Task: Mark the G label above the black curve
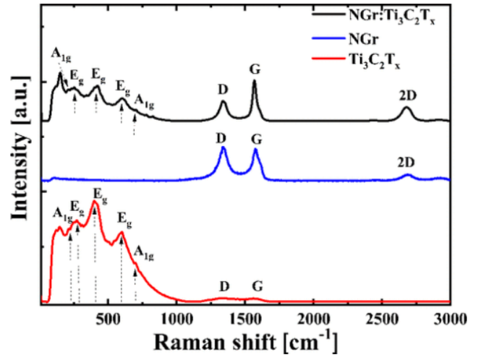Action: point(254,69)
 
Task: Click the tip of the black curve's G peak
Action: point(254,81)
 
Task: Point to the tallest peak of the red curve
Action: point(94,202)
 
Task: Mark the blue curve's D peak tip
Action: point(224,148)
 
